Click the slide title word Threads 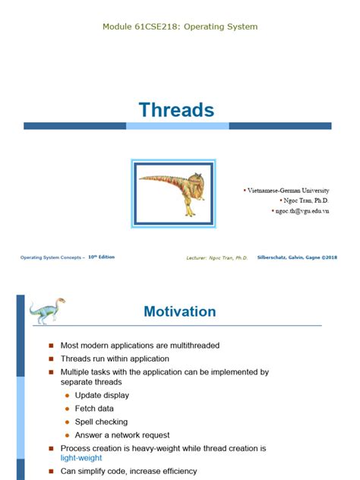pos(175,110)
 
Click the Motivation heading pos(179,311)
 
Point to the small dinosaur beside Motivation pos(47,311)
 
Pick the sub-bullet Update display pos(102,395)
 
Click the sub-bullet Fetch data pos(95,409)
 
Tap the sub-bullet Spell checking pos(101,422)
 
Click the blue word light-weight pos(81,458)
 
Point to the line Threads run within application pos(115,358)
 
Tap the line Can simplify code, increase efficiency pos(128,471)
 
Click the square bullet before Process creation pos(52,448)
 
